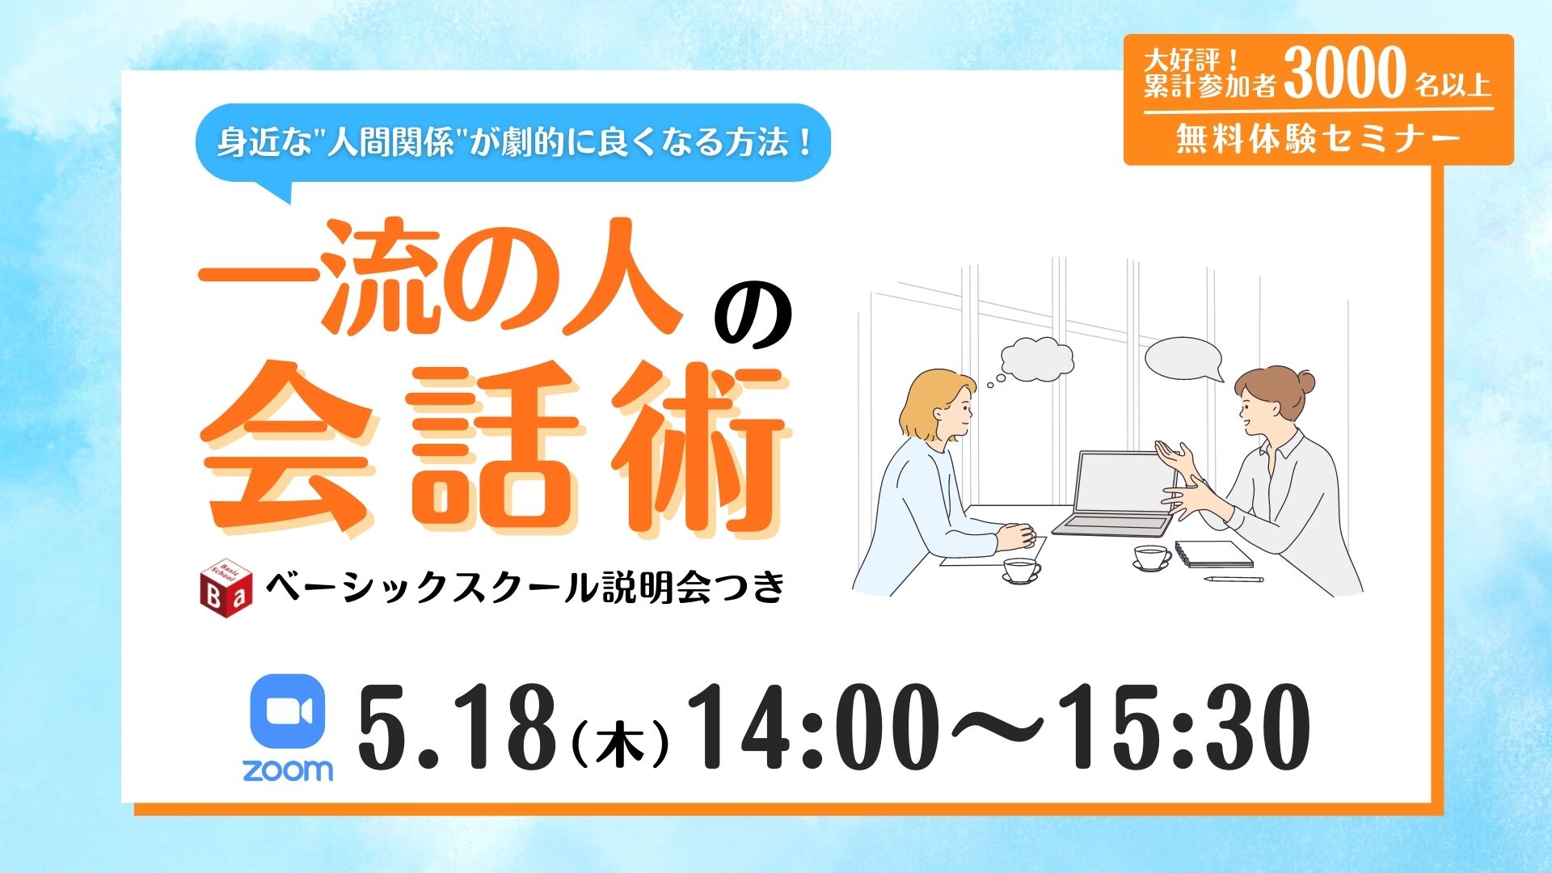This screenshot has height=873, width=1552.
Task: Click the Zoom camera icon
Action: tap(288, 712)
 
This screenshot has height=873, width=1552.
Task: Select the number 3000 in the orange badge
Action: tap(1344, 73)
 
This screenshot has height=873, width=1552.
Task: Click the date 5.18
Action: tap(457, 727)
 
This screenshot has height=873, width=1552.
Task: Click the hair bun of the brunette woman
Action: tap(1303, 381)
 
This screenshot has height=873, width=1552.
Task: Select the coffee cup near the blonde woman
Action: tap(1021, 569)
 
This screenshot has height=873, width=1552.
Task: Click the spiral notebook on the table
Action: tap(1213, 554)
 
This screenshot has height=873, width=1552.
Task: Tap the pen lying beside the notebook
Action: tap(1234, 580)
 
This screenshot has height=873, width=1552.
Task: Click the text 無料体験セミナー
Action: tap(1318, 139)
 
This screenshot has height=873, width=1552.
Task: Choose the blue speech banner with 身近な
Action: tap(513, 143)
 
